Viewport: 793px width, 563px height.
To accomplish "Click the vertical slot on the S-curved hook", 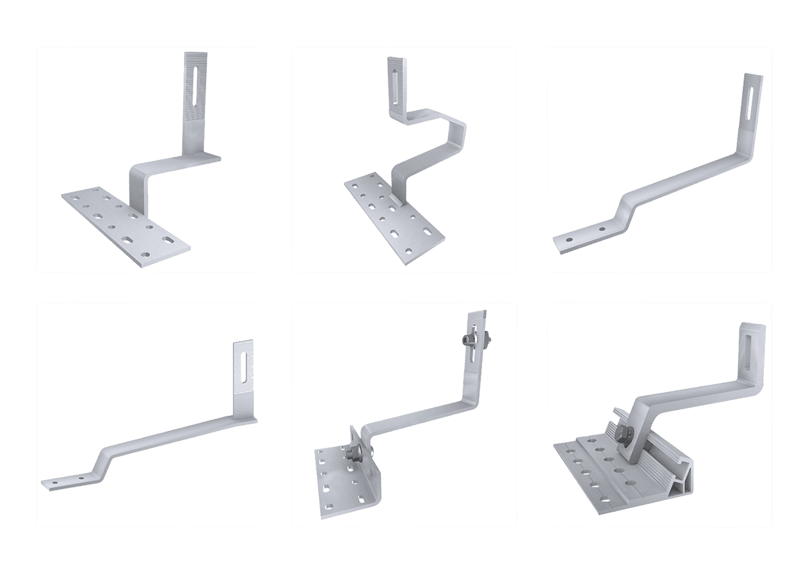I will tap(395, 84).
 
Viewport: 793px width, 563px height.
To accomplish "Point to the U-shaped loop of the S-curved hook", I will tap(454, 131).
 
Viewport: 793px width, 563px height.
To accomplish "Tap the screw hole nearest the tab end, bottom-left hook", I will tap(55, 482).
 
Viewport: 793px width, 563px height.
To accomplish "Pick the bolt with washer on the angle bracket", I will tap(353, 454).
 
